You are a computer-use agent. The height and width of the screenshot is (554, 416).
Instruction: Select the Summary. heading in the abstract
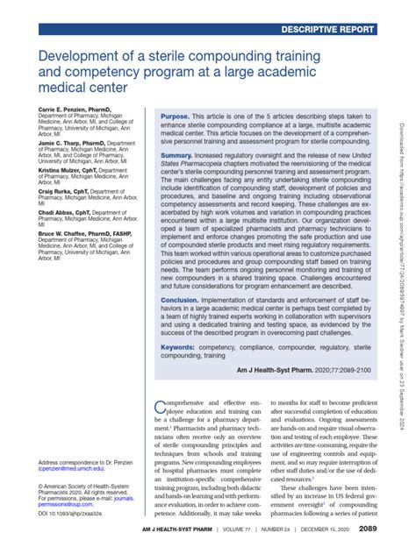[179, 153]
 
